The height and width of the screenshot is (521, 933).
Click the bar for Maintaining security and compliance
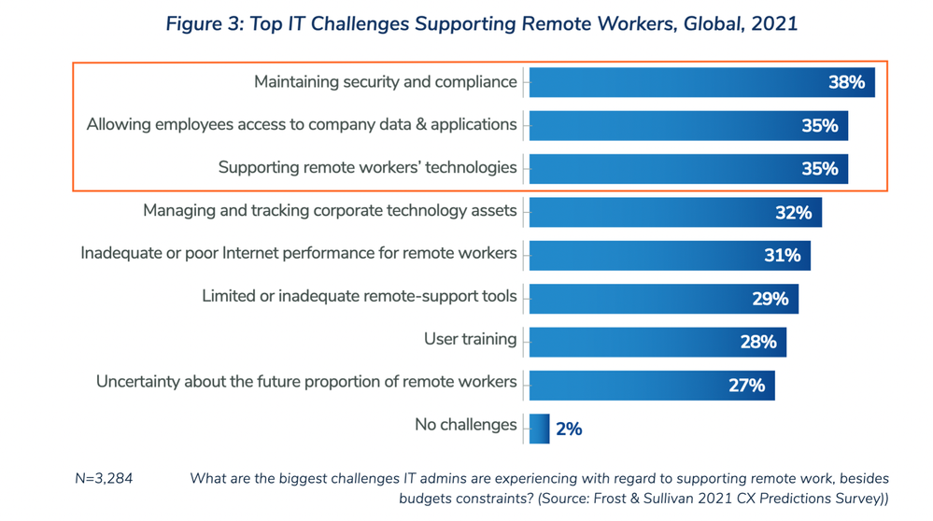(672, 82)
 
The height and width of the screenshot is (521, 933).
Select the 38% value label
(846, 82)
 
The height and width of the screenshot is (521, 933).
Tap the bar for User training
(635, 342)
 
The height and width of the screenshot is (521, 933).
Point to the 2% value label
(569, 429)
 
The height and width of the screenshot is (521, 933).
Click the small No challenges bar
(539, 429)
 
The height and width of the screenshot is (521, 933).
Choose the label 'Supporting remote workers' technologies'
(367, 168)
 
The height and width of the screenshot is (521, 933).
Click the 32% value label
(793, 213)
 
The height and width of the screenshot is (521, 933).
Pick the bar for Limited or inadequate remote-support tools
(644, 299)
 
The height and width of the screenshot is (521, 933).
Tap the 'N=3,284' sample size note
(104, 479)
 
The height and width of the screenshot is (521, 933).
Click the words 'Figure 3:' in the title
(203, 23)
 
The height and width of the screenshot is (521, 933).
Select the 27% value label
(746, 385)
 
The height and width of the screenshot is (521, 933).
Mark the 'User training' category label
(470, 339)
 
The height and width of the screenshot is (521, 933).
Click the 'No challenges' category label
(465, 425)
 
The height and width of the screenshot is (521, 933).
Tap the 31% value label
(782, 256)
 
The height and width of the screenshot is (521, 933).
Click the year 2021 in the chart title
(773, 23)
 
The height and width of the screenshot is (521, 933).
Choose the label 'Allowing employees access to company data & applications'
(302, 124)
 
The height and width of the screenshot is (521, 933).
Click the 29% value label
(770, 299)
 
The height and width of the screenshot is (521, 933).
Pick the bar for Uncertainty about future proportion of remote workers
(626, 385)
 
